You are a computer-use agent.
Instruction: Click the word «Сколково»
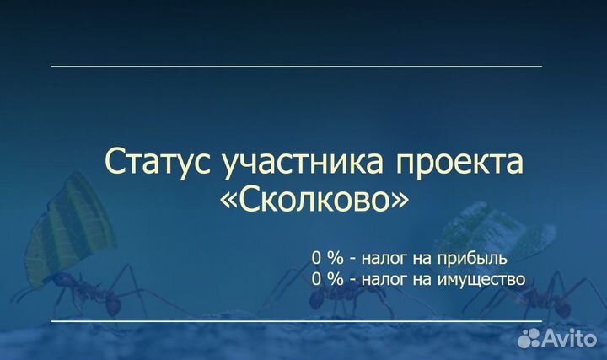click(x=313, y=199)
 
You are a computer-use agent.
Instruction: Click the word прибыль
click(x=469, y=257)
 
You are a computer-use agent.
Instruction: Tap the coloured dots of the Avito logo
click(x=529, y=338)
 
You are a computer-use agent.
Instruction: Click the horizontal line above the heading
click(x=296, y=66)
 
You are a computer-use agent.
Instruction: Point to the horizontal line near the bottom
click(x=296, y=321)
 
